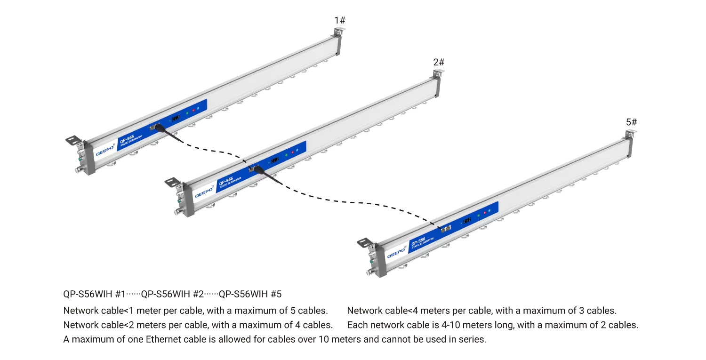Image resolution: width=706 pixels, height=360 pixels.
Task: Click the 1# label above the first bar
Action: [x=340, y=21]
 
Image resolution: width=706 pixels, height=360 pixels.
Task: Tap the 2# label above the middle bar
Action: [x=439, y=62]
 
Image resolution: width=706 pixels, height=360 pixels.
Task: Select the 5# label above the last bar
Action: [x=631, y=122]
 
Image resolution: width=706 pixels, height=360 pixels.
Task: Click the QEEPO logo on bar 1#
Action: [x=105, y=150]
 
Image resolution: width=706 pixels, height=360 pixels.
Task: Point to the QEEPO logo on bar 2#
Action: [x=204, y=192]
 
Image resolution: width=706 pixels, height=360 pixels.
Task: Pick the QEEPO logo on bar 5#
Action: [x=396, y=253]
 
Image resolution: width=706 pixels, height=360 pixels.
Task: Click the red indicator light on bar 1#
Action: [x=193, y=110]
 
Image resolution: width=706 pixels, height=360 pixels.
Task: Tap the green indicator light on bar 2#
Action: [x=286, y=155]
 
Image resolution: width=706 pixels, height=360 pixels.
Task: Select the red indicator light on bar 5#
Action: [x=484, y=213]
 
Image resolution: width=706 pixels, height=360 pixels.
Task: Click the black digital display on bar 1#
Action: [x=176, y=118]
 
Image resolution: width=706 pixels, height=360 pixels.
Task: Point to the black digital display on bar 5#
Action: [x=467, y=220]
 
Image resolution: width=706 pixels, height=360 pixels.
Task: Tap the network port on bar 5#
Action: [x=446, y=229]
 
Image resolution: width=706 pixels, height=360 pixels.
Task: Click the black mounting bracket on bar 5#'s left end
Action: [x=365, y=242]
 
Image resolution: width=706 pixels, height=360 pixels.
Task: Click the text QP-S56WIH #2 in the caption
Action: [x=172, y=294]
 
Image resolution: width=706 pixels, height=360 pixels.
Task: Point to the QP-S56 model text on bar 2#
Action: [x=225, y=181]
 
